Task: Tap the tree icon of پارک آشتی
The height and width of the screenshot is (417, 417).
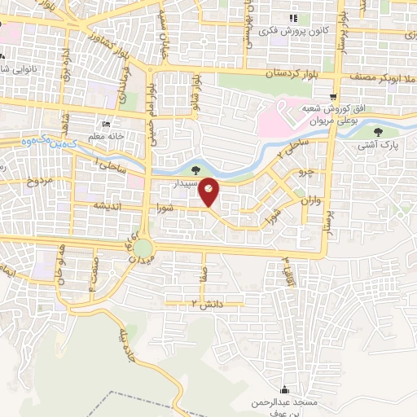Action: pos(376,132)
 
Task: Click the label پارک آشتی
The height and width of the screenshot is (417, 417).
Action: pos(376,147)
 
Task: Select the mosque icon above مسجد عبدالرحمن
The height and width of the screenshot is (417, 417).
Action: pos(283,389)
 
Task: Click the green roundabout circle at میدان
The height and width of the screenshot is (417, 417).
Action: pos(143,248)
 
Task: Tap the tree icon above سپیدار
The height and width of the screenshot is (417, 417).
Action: pos(195,170)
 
